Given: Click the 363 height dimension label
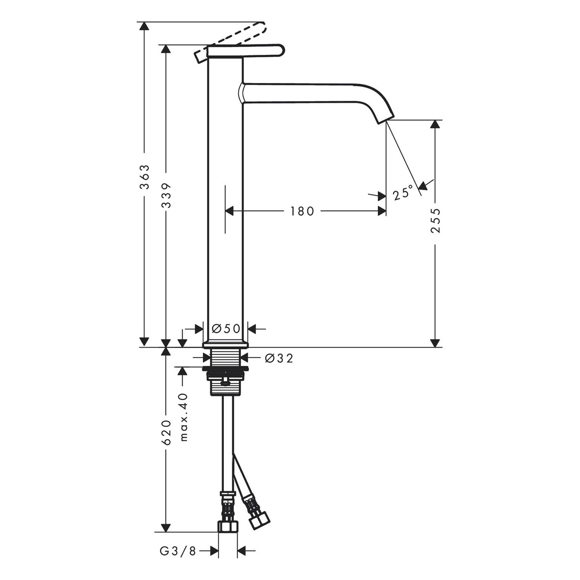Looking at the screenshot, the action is (x=144, y=177).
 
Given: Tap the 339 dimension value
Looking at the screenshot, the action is (x=166, y=195).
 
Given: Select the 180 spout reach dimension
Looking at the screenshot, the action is (x=302, y=211).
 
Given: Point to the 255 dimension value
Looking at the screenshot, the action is (x=435, y=220).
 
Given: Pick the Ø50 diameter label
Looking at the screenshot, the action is (x=226, y=329).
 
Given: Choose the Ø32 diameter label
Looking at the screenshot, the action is (x=279, y=358).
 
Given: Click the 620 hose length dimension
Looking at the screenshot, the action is (x=166, y=432).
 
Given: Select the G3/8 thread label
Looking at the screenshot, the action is (x=178, y=551).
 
